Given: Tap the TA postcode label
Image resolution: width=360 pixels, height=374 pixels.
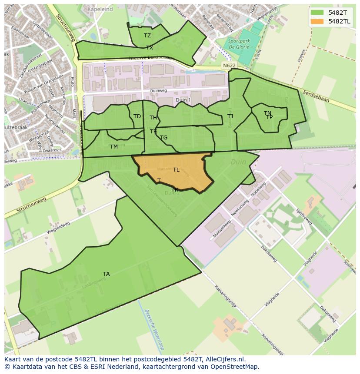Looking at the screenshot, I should click(107, 274).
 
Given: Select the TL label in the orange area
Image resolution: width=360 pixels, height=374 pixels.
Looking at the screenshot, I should click(176, 170).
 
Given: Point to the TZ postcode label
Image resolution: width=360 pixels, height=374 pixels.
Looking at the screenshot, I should click(147, 36).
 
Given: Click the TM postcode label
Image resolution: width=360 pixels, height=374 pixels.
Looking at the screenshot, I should click(114, 147).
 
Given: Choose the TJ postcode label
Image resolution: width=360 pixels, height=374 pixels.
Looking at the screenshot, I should click(230, 116).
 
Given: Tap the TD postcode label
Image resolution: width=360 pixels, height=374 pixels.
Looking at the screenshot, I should click(137, 116).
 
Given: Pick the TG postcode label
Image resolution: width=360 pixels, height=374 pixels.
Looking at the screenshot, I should click(163, 138).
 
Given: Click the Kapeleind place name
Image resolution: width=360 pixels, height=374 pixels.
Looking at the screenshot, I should click(100, 9).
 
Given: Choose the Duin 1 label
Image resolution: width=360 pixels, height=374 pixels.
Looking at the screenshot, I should click(183, 100).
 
